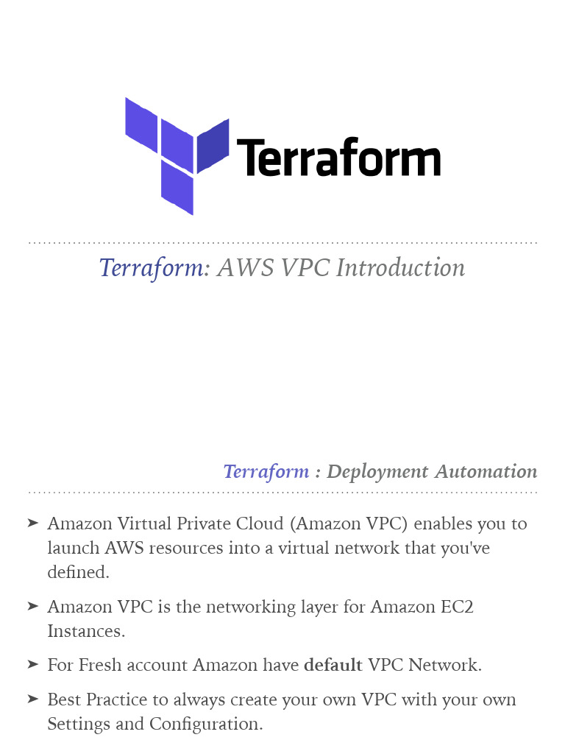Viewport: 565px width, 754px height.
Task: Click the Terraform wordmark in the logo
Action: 338,158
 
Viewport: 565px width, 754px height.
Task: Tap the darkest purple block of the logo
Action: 213,146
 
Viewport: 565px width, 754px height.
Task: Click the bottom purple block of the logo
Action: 177,188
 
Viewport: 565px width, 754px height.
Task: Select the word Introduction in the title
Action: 400,268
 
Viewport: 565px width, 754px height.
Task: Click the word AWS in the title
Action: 246,268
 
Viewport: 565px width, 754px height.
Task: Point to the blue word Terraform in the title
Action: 151,268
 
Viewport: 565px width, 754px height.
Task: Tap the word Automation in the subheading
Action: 486,471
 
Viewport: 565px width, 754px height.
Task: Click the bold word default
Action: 333,665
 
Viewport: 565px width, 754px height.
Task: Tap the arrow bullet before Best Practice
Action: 32,699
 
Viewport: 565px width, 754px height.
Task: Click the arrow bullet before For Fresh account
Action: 32,664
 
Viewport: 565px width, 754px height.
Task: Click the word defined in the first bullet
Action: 78,572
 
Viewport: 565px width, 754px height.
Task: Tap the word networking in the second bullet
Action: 251,607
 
